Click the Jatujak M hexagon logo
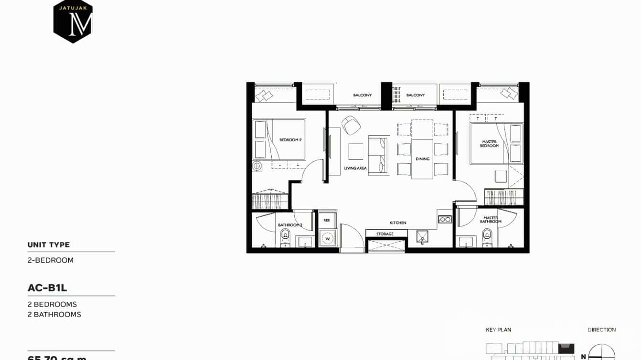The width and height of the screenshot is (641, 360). (73, 21)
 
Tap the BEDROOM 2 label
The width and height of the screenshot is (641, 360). (290, 140)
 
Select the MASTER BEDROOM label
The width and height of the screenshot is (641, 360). (489, 143)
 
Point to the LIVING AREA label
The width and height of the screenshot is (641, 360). (355, 168)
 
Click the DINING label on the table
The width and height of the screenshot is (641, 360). (422, 159)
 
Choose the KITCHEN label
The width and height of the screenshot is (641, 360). (398, 222)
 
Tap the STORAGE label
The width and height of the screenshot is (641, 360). (385, 234)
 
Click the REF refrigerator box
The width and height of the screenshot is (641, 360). (327, 220)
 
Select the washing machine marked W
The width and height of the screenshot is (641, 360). (328, 238)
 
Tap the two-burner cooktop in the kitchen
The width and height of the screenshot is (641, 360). (445, 219)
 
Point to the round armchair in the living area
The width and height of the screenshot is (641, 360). (351, 125)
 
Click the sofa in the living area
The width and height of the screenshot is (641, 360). (378, 155)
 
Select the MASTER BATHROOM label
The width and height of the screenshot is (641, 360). (491, 220)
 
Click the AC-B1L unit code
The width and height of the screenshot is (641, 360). (47, 288)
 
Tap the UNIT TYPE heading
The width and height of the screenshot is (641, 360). (49, 245)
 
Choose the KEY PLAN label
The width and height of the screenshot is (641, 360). (498, 330)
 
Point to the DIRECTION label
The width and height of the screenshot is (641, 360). (601, 330)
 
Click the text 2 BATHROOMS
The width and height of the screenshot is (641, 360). (54, 314)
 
